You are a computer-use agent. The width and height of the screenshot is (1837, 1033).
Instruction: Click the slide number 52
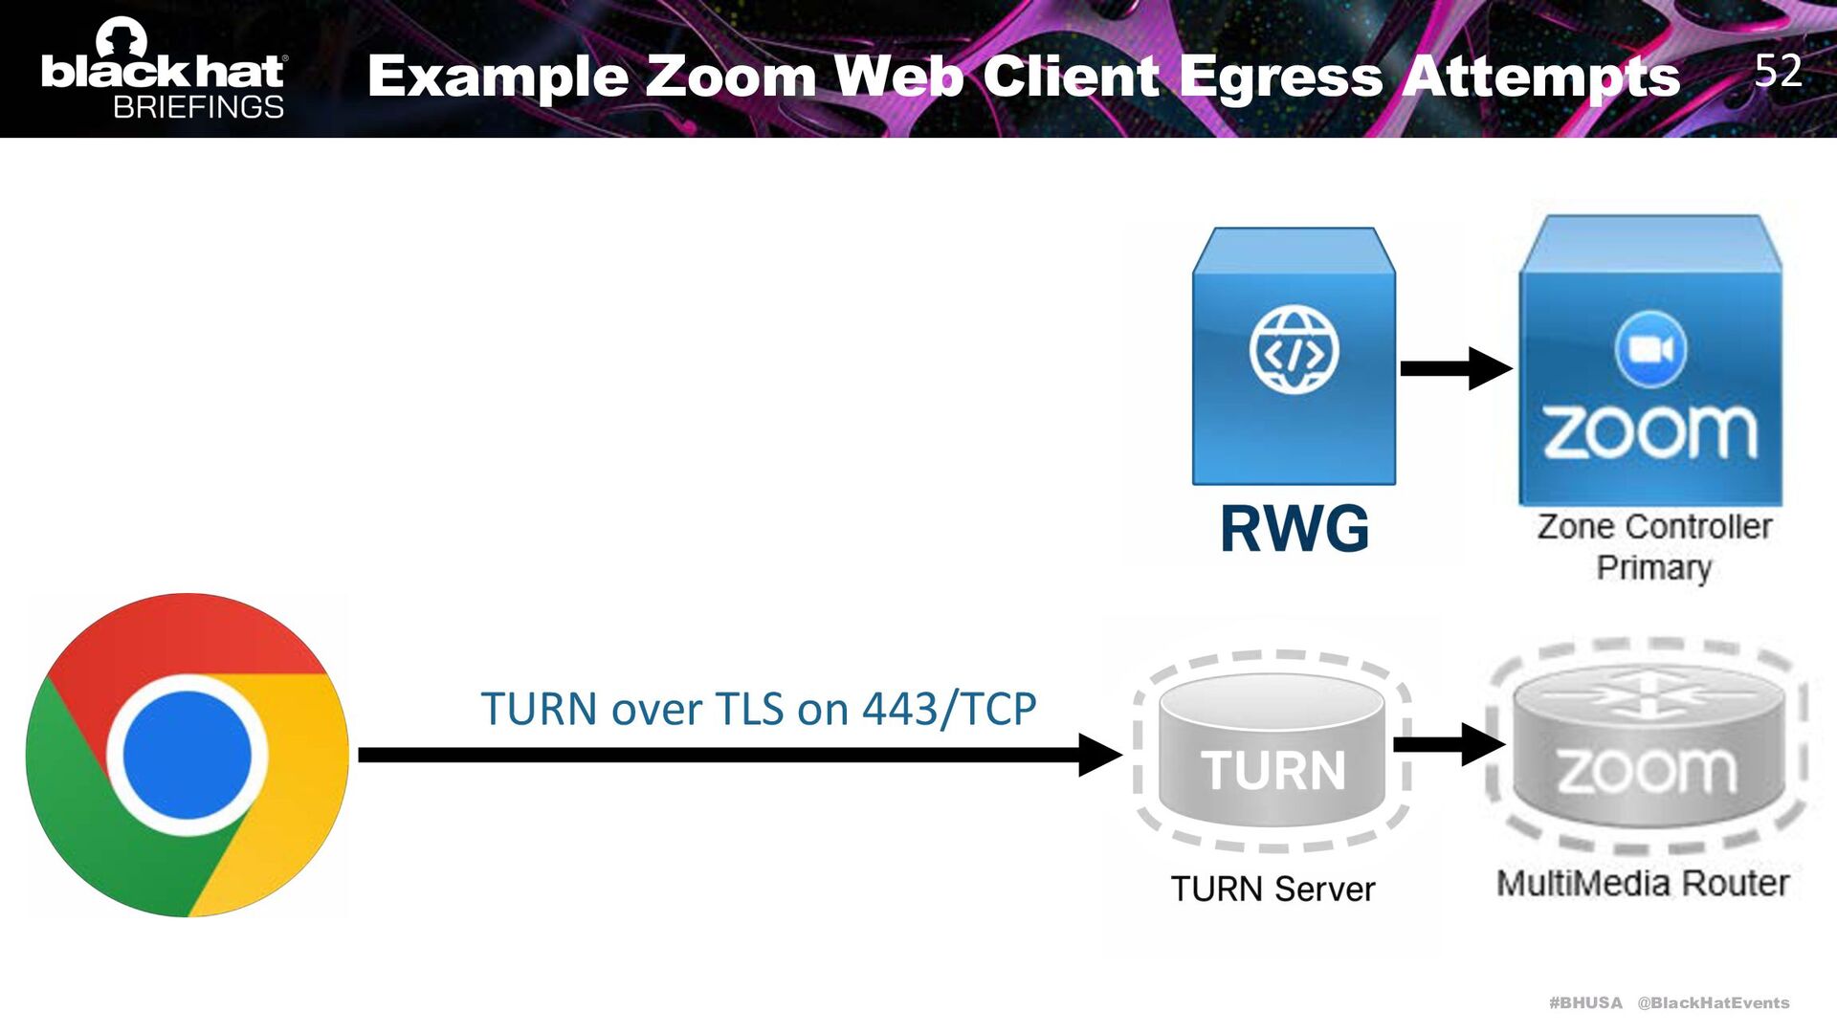pos(1778,71)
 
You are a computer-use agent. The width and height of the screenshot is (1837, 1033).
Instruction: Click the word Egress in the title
pos(1281,77)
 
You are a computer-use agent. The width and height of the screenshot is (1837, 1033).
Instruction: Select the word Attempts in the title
pos(1541,77)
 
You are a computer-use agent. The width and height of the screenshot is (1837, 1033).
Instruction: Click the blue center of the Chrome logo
pos(188,755)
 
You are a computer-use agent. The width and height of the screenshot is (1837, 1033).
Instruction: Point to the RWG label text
pos(1295,528)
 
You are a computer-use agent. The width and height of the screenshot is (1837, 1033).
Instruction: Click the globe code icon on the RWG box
pos(1294,350)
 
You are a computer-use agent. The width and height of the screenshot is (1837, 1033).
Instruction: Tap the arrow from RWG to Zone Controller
pos(1455,368)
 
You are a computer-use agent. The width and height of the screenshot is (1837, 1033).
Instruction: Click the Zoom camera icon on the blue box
pos(1650,349)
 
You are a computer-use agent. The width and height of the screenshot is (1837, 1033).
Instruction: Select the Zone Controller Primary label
pos(1654,546)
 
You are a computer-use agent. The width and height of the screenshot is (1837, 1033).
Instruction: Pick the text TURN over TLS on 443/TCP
pos(758,709)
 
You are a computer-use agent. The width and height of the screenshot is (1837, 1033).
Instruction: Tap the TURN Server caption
pos(1273,889)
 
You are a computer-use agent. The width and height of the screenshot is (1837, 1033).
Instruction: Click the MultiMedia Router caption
pos(1643,883)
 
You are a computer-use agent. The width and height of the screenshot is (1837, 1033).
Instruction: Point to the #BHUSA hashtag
pos(1585,1002)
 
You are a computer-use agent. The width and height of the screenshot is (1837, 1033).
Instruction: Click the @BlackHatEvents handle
pos(1713,1002)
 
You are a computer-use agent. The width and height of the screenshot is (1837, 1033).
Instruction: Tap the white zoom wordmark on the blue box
pos(1650,432)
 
